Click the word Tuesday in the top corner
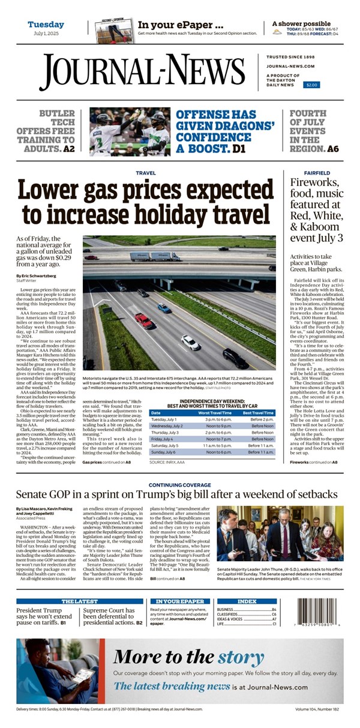[x=46, y=25]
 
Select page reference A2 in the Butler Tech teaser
[x=69, y=148]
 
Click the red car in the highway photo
[x=143, y=320]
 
